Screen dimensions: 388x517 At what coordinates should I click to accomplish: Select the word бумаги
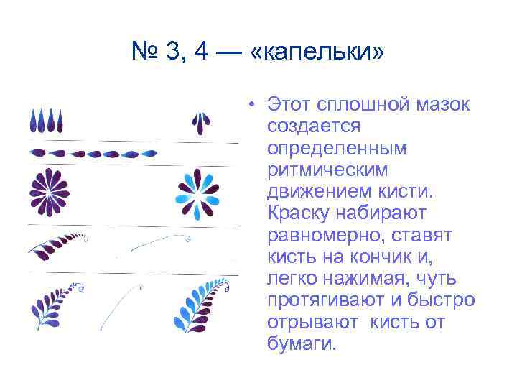pyautogui.click(x=301, y=343)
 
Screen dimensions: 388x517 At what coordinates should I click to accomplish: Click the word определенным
pyautogui.click(x=336, y=149)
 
